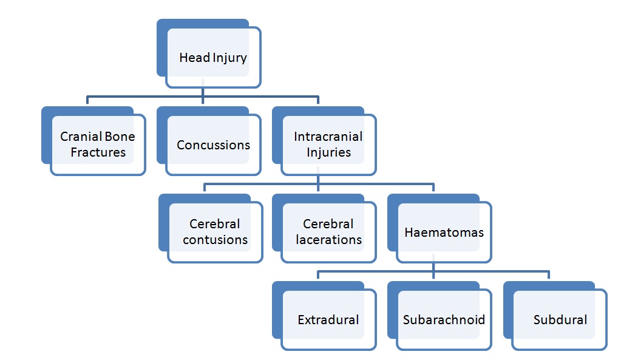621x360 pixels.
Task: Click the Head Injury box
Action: (213, 58)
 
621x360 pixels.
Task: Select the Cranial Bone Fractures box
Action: (98, 144)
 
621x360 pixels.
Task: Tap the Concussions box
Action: (213, 145)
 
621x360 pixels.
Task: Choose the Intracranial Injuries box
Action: (328, 144)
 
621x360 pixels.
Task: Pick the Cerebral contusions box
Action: (215, 232)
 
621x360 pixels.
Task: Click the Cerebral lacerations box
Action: (328, 232)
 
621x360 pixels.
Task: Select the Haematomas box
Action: (444, 233)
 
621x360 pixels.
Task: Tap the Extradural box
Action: (328, 319)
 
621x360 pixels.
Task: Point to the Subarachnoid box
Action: (444, 319)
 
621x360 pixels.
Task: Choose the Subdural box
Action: (560, 319)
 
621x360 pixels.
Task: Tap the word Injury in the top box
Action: (229, 58)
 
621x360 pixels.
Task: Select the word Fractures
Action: (98, 152)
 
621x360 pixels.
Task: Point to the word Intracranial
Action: (328, 137)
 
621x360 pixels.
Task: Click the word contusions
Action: (215, 240)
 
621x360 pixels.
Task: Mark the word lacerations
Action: (328, 240)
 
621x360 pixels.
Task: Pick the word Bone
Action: (119, 137)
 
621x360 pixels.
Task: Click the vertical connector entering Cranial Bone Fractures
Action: (87, 101)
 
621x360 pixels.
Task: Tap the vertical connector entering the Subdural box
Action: (549, 276)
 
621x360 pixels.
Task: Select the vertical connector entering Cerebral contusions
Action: (205, 188)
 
